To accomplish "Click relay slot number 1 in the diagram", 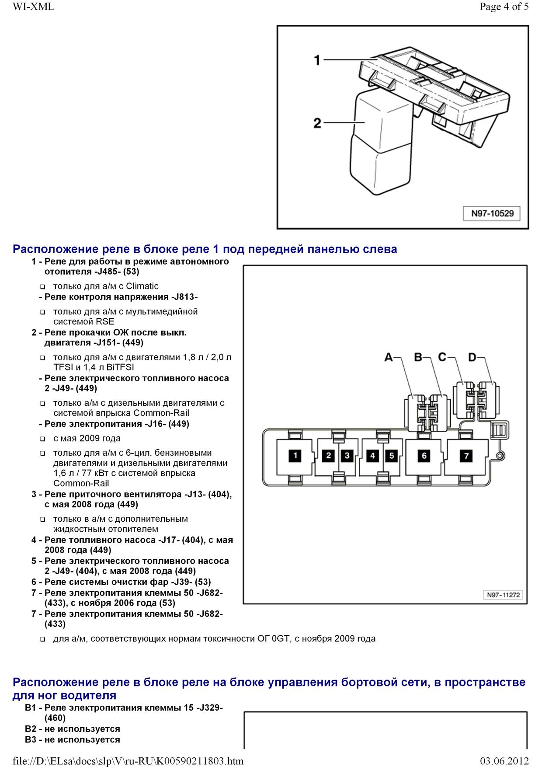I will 295,456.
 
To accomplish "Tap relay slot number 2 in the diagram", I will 328,456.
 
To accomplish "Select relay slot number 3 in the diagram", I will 347,456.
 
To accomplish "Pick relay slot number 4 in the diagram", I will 372,456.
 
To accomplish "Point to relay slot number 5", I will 391,456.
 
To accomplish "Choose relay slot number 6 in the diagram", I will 424,456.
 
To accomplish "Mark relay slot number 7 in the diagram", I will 466,456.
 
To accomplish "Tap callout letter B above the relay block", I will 418,358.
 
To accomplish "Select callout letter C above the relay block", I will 442,357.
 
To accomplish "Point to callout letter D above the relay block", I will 472,358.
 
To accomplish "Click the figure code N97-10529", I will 492,214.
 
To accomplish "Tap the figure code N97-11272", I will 504,595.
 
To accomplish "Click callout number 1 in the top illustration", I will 318,60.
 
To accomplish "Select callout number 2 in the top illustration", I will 317,123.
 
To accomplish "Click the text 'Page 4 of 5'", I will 504,7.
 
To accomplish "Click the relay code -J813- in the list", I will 184,297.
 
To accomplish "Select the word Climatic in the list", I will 142,286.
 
